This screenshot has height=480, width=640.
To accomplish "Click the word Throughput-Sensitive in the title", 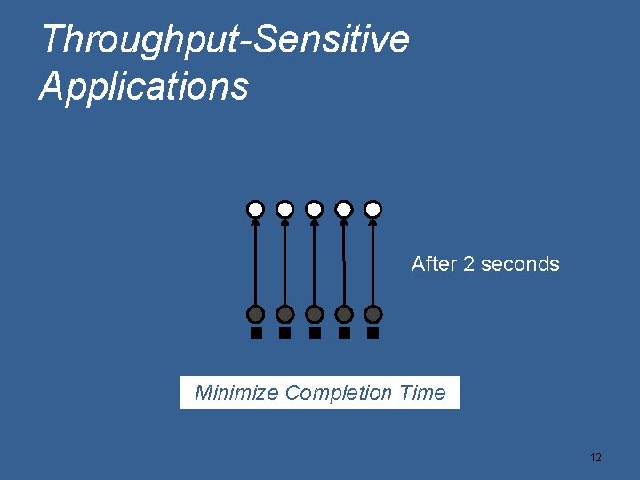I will pos(225,40).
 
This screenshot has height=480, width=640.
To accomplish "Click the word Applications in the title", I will pos(144,87).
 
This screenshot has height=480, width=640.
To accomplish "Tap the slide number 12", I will pos(596,458).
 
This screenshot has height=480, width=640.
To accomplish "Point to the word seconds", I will pos(520,264).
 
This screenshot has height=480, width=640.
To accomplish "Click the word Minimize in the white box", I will pos(236,393).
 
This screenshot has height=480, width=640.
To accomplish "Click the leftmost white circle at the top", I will pos(255,210).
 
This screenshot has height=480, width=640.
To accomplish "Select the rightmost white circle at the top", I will pos(373,210).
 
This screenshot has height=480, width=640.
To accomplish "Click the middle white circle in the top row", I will pos(314,210).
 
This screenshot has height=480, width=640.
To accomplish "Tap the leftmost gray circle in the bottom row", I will pos(255,315).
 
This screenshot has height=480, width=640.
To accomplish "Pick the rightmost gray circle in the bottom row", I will pos(373,315).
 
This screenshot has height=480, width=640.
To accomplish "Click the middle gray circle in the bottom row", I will pos(314,315).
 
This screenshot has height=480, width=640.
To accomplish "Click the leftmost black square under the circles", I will pos(256,333).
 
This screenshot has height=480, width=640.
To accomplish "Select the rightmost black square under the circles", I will pos(373,333).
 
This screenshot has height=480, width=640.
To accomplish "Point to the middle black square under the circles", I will pos(315,333).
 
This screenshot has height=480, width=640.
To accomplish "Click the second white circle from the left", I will pos(284,210).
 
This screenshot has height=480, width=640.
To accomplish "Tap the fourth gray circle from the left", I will pos(344,315).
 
